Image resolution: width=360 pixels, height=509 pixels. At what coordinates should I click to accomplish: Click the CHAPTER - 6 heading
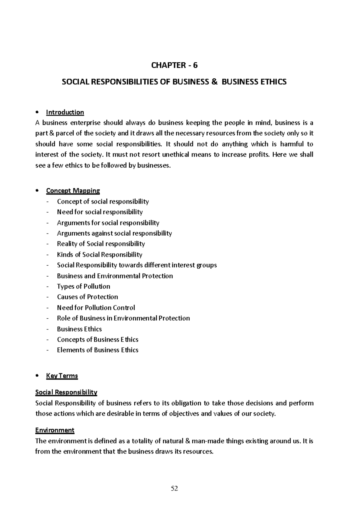coord(174,65)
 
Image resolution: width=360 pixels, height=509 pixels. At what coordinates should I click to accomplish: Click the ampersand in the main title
coord(214,82)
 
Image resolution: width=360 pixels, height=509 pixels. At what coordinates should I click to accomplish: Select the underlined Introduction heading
coord(65,112)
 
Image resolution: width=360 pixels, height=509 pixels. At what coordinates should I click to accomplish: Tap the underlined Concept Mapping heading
coord(73,191)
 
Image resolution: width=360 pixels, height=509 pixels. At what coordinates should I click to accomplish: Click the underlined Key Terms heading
coord(62,376)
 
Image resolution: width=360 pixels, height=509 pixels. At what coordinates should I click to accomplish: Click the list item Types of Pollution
coord(83,286)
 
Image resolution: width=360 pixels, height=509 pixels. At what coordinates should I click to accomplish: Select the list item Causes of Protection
coord(87,297)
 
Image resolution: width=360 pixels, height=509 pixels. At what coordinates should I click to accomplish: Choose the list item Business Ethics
coord(79,329)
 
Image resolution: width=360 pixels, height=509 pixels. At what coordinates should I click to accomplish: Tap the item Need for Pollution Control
coord(96,308)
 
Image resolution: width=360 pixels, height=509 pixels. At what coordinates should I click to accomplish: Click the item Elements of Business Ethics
coord(97,350)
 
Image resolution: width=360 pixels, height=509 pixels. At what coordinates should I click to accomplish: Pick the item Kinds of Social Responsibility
coord(99,255)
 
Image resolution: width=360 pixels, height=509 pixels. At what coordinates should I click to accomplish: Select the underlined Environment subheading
coord(55,430)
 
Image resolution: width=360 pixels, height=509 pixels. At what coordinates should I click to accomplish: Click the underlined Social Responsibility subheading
coord(66,392)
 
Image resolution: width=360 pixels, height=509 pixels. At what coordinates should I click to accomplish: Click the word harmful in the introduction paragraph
coord(291,144)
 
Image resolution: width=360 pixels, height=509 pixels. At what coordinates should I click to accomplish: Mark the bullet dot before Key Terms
coord(37,376)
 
